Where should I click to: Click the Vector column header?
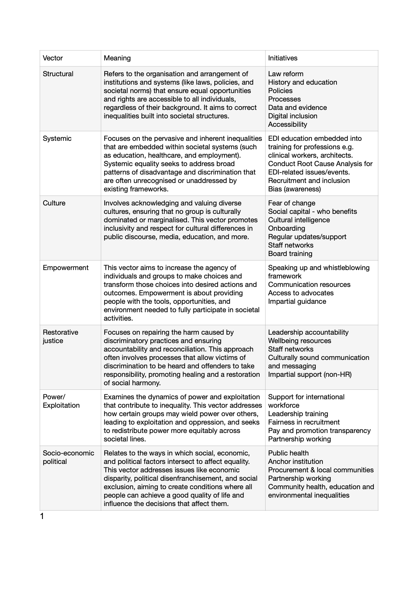click(x=53, y=58)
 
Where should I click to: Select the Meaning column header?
click(x=117, y=58)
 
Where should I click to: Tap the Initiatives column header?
click(x=282, y=58)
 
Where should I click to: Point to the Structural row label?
click(x=58, y=74)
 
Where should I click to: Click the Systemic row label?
click(x=57, y=139)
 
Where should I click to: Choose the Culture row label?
click(x=54, y=203)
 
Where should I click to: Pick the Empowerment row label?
click(x=65, y=268)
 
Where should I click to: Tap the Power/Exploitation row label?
click(x=61, y=401)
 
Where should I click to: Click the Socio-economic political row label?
click(x=68, y=457)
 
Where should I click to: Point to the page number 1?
click(x=42, y=516)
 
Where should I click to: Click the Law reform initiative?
click(x=286, y=74)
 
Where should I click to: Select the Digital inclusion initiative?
click(x=292, y=116)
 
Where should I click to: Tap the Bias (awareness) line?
click(x=294, y=189)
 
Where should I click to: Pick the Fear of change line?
click(x=292, y=203)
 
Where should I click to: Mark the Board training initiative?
click(x=290, y=254)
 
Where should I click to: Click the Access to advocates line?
click(x=301, y=293)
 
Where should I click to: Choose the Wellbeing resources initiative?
click(x=299, y=341)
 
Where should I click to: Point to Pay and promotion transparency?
click(x=319, y=431)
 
